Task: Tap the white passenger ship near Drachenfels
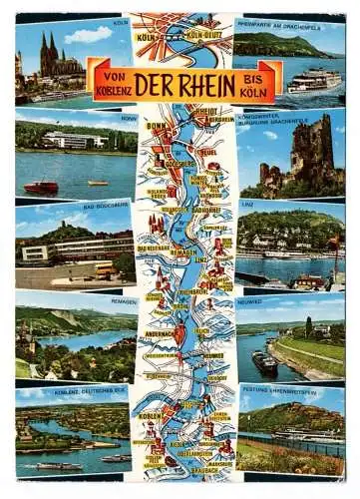(314, 80)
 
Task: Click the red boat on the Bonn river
(42, 187)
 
